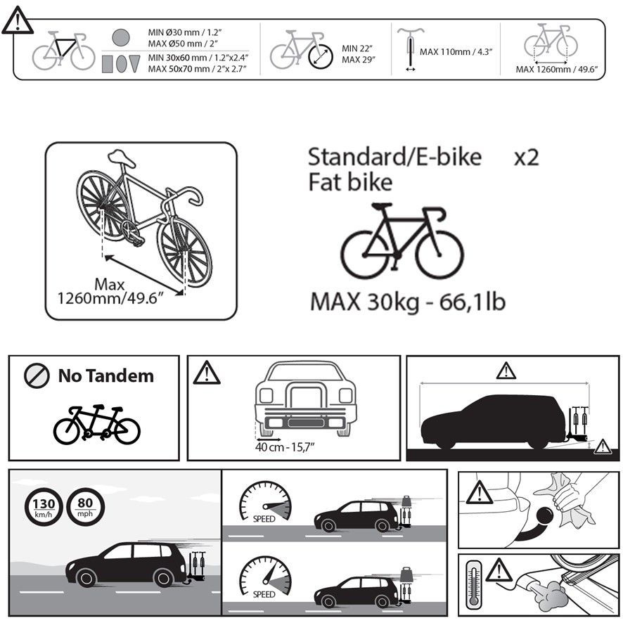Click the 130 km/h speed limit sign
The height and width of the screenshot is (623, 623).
(x=44, y=507)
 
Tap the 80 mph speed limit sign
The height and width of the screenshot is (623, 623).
(x=85, y=507)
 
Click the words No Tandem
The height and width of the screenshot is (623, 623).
(x=106, y=376)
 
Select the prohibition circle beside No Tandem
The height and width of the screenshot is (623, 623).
(x=37, y=375)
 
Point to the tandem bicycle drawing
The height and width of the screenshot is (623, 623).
(x=97, y=424)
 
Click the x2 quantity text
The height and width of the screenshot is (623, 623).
(x=527, y=158)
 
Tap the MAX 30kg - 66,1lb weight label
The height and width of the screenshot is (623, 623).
(x=408, y=302)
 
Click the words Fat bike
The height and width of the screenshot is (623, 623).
(x=350, y=182)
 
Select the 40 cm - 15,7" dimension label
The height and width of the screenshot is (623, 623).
(x=285, y=447)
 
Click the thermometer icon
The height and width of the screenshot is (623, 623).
(x=473, y=584)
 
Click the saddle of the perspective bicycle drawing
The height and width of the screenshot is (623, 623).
(x=122, y=158)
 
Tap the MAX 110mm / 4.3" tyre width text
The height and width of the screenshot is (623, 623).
(x=456, y=51)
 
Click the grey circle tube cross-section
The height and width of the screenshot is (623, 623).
(x=121, y=38)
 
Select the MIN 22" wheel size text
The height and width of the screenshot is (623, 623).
(x=357, y=49)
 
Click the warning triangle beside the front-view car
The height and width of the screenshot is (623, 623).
(x=207, y=373)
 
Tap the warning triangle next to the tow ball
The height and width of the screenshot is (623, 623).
(x=480, y=493)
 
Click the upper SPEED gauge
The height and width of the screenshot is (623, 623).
(x=265, y=501)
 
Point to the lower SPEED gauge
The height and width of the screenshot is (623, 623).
(x=265, y=577)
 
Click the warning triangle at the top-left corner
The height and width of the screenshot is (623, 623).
(x=17, y=21)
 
